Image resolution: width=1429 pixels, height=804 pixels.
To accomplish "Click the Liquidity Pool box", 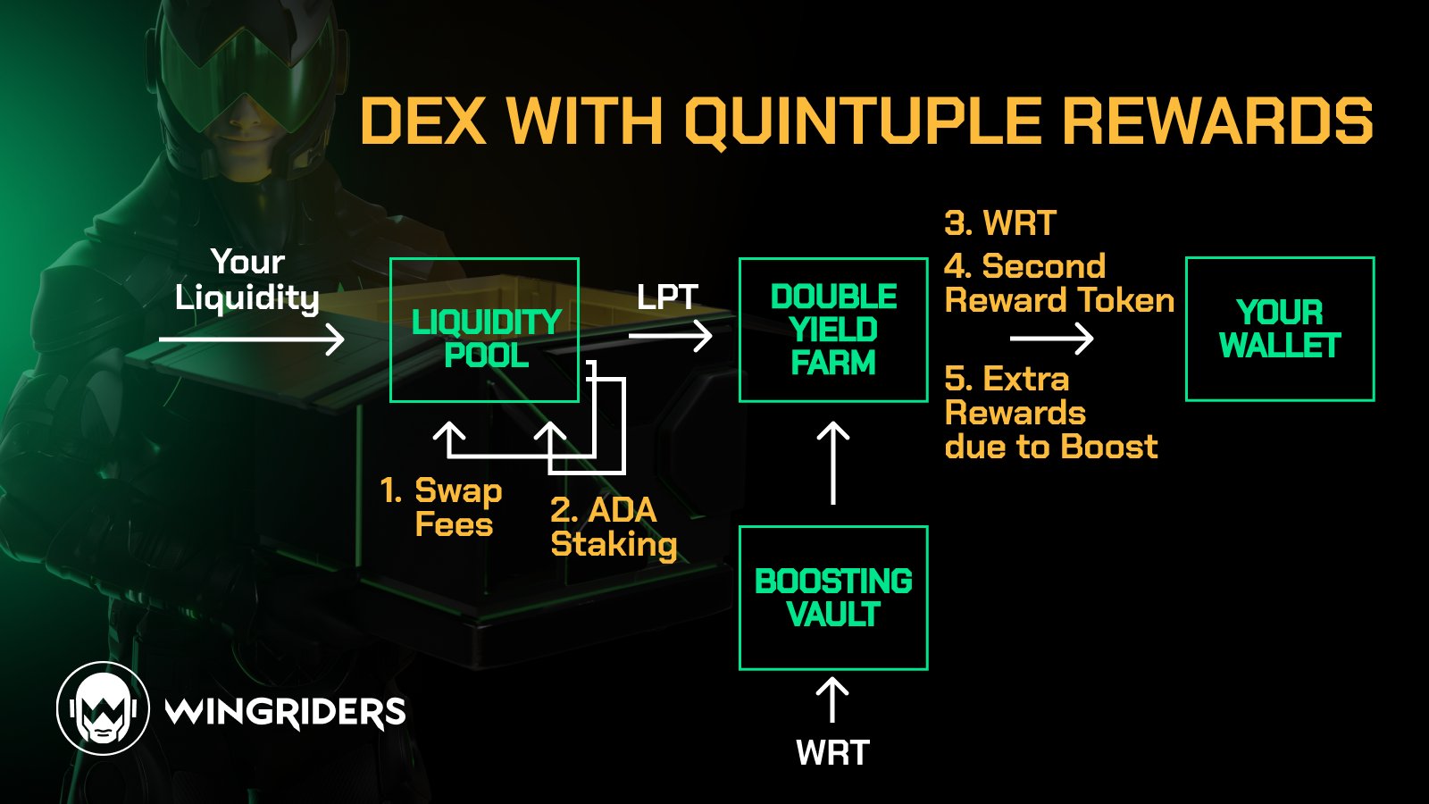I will [x=485, y=331].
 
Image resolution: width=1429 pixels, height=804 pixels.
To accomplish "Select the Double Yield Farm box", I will [x=833, y=330].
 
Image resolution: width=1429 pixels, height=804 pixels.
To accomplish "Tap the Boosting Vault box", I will [x=833, y=598].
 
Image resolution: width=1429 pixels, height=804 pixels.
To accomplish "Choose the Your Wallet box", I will [x=1280, y=329].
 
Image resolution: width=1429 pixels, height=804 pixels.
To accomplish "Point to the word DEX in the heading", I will [x=423, y=121].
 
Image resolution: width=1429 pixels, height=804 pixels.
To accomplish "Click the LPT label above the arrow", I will [x=667, y=297].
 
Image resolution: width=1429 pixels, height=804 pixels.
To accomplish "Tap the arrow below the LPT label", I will [x=670, y=336].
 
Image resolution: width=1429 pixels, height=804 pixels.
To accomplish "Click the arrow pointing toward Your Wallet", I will [x=1051, y=339].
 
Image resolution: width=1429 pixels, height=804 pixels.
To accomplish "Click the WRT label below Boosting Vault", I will [x=832, y=753].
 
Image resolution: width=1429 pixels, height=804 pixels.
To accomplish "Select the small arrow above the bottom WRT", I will [x=832, y=699].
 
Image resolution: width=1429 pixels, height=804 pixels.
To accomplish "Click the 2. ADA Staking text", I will [x=613, y=527].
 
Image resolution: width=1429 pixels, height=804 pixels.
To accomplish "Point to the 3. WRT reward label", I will [x=1000, y=223].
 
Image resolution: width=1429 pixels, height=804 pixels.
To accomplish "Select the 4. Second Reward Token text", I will [x=1058, y=283].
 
